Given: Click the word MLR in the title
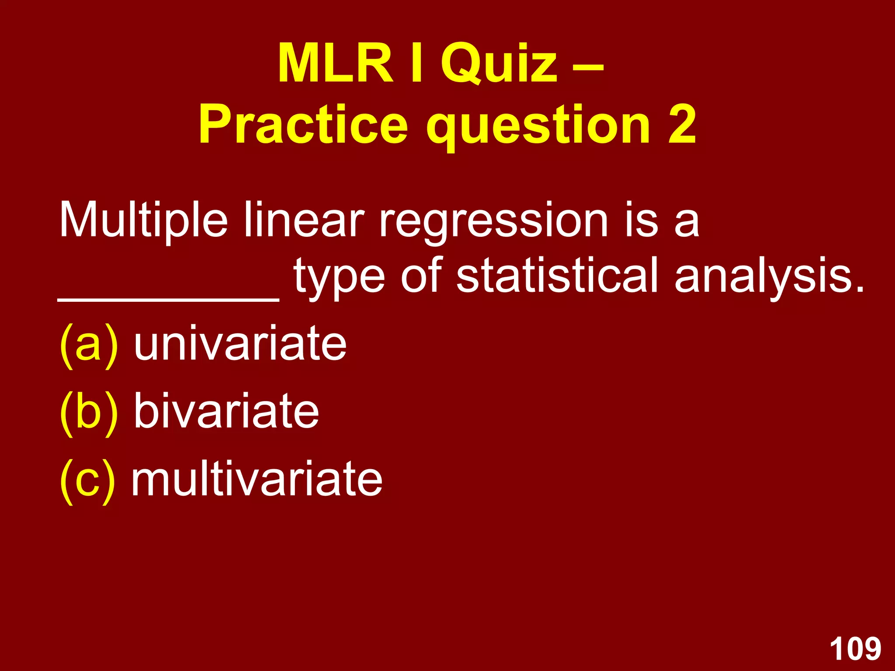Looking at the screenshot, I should (336, 64).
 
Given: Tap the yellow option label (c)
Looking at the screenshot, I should (88, 481).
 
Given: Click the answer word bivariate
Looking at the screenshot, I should (226, 411).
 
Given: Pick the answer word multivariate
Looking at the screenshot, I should (257, 479).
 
